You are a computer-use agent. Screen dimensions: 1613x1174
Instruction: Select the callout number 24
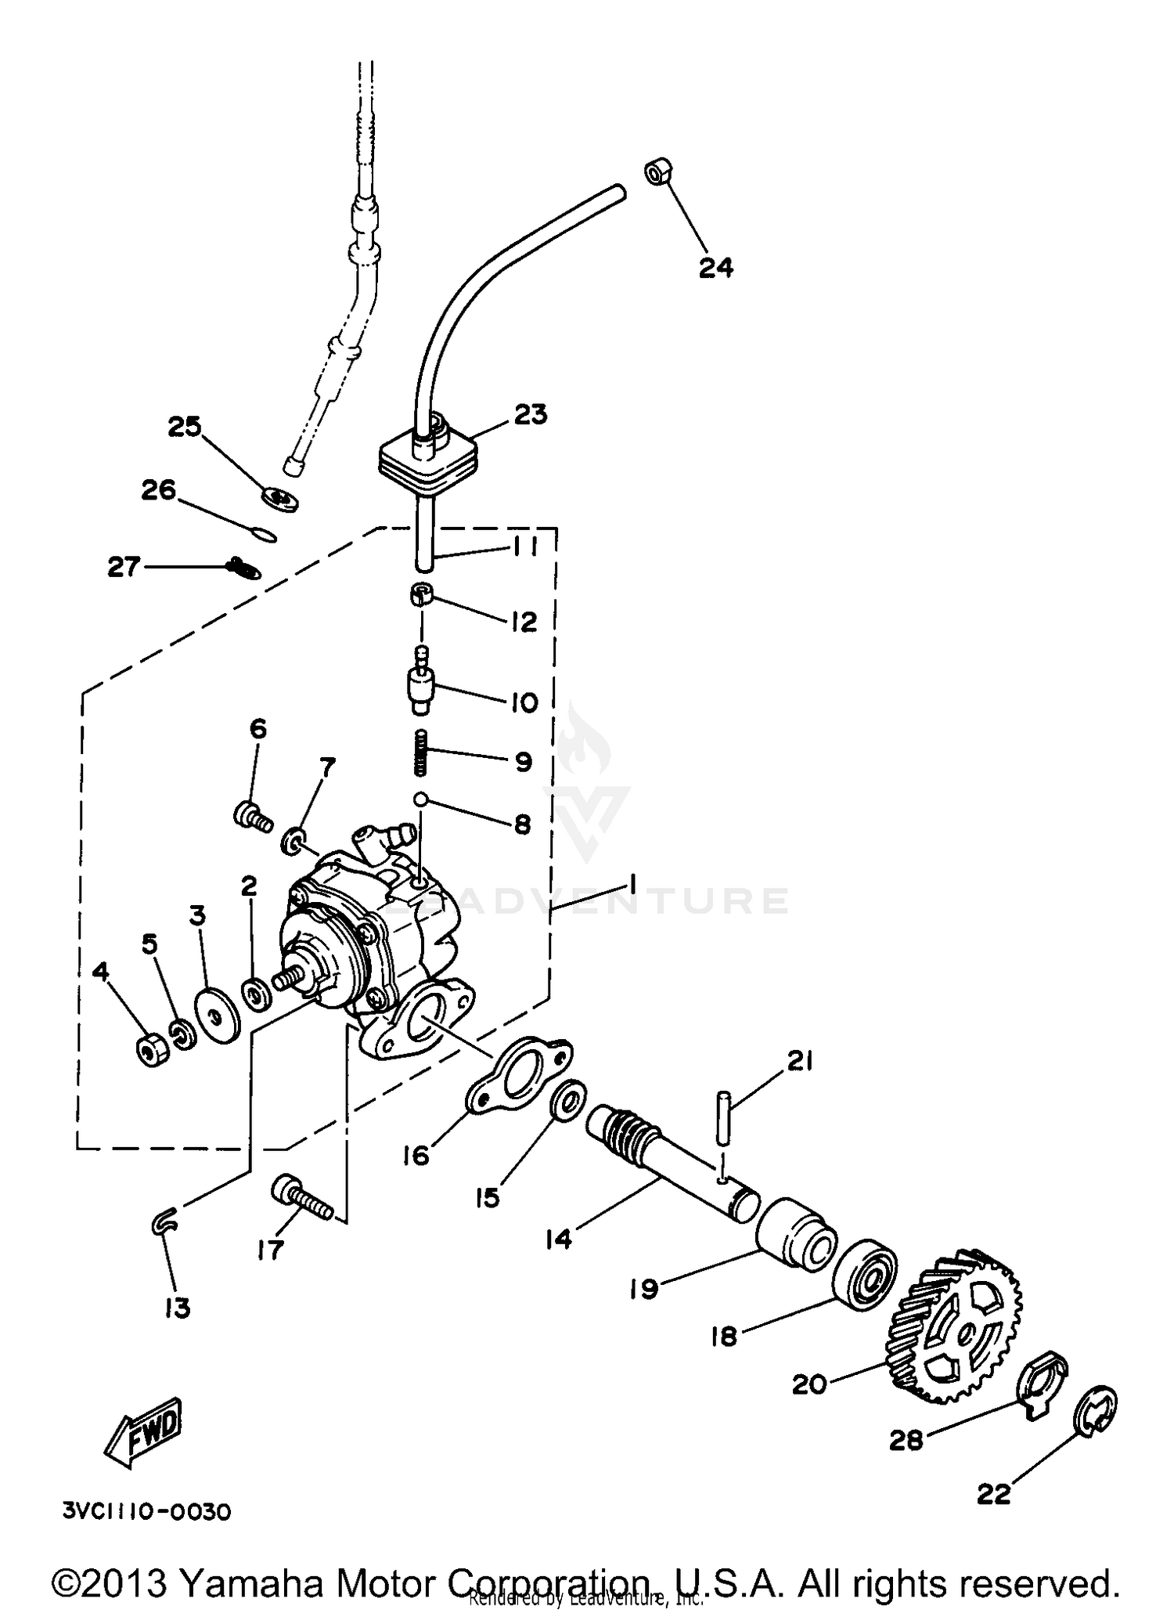[x=715, y=268]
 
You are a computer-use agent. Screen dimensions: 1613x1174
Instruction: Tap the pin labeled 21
[x=722, y=1124]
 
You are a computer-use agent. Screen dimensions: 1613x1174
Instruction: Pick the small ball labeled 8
[x=421, y=799]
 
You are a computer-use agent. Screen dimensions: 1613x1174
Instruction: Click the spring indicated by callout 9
[x=421, y=752]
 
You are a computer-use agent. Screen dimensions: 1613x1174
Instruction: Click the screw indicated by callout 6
[x=252, y=817]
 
